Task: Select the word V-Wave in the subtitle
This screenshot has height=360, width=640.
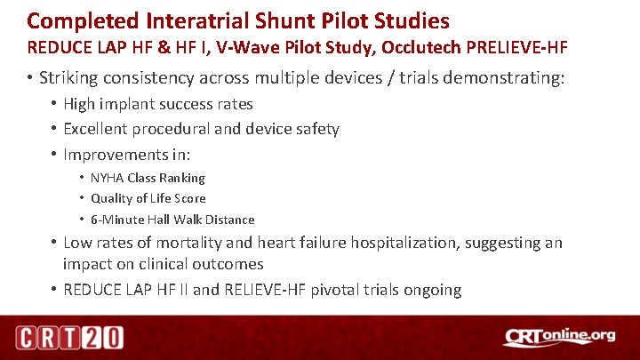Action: coord(247,45)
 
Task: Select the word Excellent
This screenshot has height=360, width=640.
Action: coord(97,129)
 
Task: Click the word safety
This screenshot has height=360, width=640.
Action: coord(316,129)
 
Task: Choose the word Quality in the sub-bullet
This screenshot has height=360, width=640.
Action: coord(112,198)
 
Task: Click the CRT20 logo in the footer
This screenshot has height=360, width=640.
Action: coord(69,337)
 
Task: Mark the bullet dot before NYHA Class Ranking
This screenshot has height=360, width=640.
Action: coord(81,178)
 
